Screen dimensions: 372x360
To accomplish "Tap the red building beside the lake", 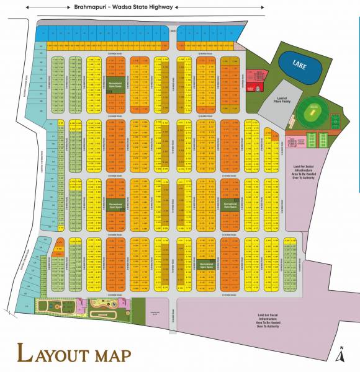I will pos(254,80).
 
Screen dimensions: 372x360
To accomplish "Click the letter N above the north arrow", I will pos(340,347).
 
